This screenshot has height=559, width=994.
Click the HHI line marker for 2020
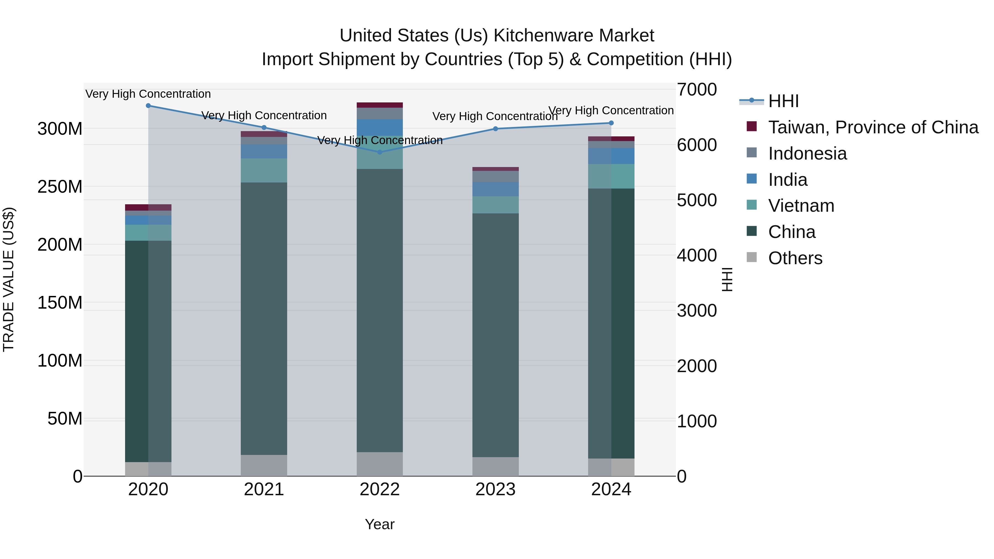148,105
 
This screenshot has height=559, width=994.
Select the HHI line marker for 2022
380,152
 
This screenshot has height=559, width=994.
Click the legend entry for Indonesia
807,153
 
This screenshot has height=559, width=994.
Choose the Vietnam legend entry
801,206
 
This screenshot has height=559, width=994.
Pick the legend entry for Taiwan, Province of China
873,127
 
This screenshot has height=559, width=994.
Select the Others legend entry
795,258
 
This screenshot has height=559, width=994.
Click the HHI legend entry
783,101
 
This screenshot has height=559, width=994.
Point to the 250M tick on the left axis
60,187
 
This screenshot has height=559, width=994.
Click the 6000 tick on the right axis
697,145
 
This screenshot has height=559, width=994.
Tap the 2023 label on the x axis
495,489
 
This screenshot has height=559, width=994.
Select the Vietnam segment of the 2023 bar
495,205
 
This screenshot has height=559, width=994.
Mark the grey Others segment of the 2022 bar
380,464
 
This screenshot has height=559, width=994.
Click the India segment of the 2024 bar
611,156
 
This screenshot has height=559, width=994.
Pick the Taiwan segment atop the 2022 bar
380,105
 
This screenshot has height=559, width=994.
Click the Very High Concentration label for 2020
148,94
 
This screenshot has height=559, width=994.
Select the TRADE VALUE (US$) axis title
9,279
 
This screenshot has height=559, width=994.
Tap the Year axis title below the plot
380,524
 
